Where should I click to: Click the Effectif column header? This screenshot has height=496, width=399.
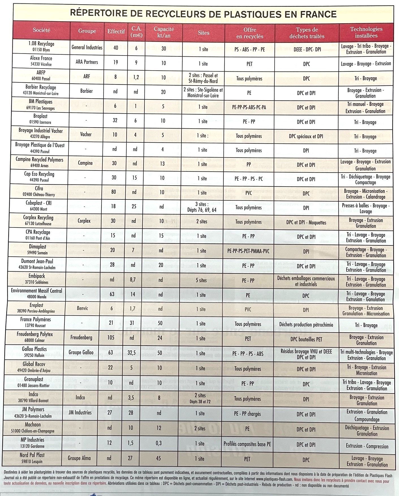[x=116, y=32]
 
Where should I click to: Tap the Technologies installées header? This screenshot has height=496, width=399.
[x=366, y=32]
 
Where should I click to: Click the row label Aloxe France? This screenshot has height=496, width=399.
[x=41, y=61]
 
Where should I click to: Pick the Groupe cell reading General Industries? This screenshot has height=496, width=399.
[x=87, y=48]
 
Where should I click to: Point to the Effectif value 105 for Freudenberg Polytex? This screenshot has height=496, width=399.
[x=111, y=337]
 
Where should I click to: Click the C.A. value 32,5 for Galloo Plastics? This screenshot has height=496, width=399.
[x=132, y=353]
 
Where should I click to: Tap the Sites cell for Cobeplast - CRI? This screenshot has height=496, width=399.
[x=202, y=207]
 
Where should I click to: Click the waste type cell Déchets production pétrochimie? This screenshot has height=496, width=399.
[x=306, y=325]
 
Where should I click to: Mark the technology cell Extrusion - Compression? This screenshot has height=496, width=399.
[x=367, y=446]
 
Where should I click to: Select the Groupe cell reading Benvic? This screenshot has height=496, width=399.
[x=82, y=308]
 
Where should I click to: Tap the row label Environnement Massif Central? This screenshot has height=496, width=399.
[x=36, y=293]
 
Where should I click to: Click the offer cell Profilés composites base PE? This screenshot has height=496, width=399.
[x=247, y=444]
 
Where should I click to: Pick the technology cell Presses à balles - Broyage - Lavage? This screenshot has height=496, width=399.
[x=366, y=208]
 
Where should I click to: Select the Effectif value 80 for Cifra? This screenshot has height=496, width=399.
[x=114, y=192]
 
